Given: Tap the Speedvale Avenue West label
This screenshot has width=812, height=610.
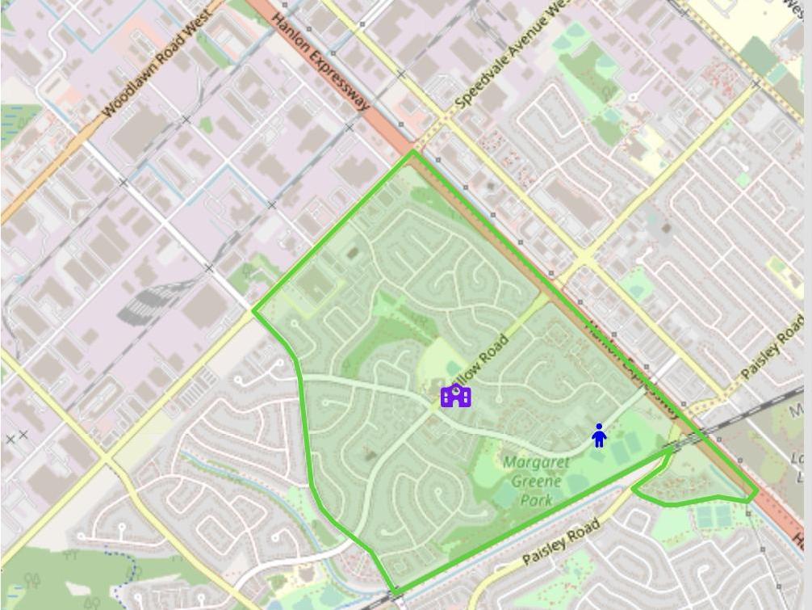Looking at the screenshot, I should coord(517,57).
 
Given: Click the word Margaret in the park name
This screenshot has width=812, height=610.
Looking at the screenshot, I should coord(535,463).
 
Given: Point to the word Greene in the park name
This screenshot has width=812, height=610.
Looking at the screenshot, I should coord(536,482).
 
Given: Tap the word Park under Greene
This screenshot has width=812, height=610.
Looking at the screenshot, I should coord(536,500).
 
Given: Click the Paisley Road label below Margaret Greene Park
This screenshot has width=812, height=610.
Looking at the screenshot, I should coord(561,542).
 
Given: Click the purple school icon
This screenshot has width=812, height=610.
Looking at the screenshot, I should coord(456,396).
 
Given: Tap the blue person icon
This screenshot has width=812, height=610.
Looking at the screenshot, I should coord(599,435).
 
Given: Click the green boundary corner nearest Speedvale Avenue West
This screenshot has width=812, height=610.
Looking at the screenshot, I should coord(414,151).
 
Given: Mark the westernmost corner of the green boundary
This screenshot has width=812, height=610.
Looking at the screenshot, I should coord(254,311).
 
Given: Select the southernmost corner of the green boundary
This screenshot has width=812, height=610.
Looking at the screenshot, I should coord(395,592).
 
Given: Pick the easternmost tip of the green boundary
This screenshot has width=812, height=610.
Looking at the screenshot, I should coord(756,490).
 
